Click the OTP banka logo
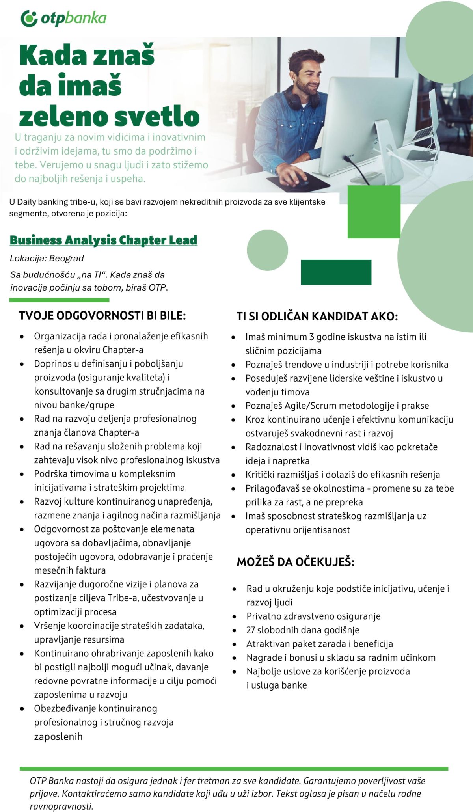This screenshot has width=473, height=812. pyautogui.click(x=63, y=19)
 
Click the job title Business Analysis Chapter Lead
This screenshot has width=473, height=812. pyautogui.click(x=103, y=240)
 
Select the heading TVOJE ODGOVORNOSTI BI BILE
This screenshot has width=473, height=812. pyautogui.click(x=102, y=315)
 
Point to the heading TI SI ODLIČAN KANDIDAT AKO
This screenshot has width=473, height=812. pyautogui.click(x=317, y=316)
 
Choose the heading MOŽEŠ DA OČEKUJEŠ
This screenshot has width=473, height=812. pyautogui.click(x=295, y=562)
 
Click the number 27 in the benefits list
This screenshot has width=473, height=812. pyautogui.click(x=251, y=630)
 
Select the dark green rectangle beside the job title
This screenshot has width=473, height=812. pyautogui.click(x=336, y=272)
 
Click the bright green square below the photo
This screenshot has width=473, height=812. pyautogui.click(x=374, y=212)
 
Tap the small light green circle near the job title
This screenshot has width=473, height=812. pyautogui.click(x=267, y=250)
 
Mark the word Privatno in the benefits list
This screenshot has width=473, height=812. pyautogui.click(x=264, y=616)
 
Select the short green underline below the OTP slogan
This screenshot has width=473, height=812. pyautogui.click(x=59, y=300)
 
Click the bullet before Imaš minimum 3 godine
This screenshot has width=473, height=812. pyautogui.click(x=234, y=337)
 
